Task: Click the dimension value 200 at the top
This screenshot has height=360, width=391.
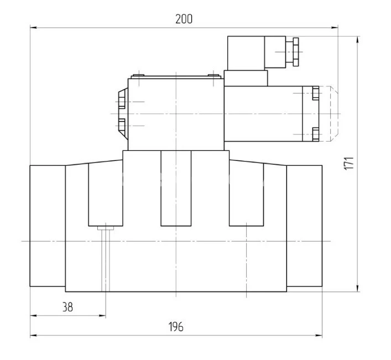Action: coord(184,19)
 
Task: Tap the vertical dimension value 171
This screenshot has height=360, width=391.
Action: coord(349,164)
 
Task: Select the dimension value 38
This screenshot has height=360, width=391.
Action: coord(67,307)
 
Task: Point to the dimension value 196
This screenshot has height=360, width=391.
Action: coord(176,327)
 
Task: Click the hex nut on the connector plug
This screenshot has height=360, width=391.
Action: coord(296,52)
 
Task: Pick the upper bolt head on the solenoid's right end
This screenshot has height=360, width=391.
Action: coord(315,93)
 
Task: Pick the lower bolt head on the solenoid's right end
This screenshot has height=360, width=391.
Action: coord(315,134)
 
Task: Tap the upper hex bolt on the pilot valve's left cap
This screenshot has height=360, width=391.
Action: coord(122,102)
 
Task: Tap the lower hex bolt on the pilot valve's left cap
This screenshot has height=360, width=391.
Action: coord(122,126)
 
